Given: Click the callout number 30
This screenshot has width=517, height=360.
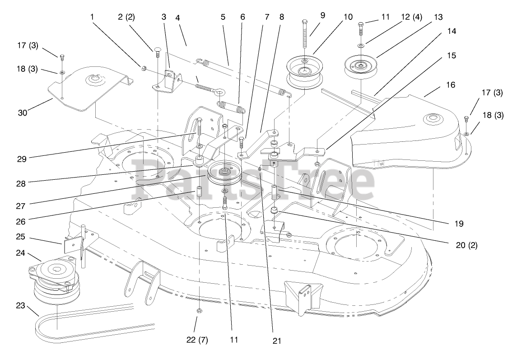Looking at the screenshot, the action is (x=22, y=113).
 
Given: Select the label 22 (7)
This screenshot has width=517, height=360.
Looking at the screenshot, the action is (x=197, y=340).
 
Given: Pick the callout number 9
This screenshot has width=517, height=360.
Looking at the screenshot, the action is (x=322, y=15).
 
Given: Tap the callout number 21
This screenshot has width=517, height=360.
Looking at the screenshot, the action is (x=277, y=341).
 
